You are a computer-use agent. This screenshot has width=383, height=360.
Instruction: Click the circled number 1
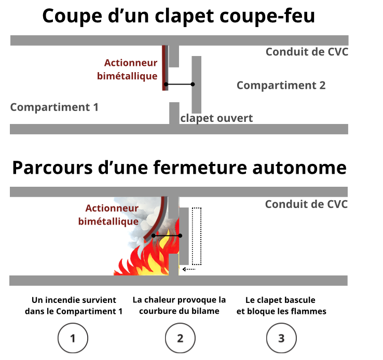(73, 338)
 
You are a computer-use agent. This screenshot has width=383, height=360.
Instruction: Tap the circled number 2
(180, 338)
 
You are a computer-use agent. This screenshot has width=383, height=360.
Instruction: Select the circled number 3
(281, 338)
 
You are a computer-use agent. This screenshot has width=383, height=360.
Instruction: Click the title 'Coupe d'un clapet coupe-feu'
(179, 16)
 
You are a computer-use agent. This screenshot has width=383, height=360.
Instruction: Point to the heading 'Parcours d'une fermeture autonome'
(179, 168)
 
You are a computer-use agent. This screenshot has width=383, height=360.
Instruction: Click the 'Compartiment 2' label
(281, 86)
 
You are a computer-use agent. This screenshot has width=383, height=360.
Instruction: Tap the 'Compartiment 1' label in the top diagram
(54, 107)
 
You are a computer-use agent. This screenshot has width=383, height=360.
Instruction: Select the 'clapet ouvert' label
(216, 118)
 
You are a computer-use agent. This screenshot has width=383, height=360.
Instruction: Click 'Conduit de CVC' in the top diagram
(306, 52)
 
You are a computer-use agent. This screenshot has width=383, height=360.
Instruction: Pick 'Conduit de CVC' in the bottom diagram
(306, 204)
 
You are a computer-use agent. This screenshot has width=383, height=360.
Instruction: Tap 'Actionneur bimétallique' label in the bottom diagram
(108, 215)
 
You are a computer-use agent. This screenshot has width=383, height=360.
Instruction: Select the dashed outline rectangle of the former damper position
(196, 236)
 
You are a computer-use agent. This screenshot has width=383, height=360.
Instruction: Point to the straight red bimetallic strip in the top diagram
(165, 68)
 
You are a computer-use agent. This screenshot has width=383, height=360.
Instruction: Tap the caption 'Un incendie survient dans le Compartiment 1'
(73, 306)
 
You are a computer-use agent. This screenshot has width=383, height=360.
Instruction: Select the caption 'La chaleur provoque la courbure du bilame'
(180, 306)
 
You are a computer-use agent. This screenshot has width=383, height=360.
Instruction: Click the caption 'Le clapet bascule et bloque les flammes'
(281, 306)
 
